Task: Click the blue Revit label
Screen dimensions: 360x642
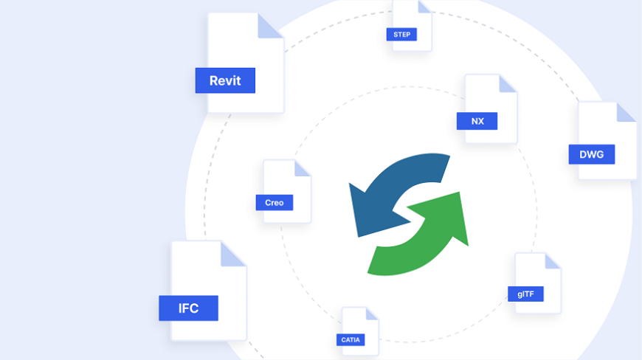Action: pyautogui.click(x=225, y=80)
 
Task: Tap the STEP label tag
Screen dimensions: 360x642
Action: pyautogui.click(x=401, y=34)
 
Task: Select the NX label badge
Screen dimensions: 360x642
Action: pyautogui.click(x=477, y=120)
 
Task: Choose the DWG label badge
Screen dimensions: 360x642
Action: pyautogui.click(x=591, y=154)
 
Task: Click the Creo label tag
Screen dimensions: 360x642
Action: pyautogui.click(x=275, y=202)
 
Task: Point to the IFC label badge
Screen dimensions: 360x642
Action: pyautogui.click(x=188, y=308)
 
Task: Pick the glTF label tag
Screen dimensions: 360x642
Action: pyautogui.click(x=525, y=294)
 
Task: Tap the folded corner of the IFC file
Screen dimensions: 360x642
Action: pyautogui.click(x=233, y=254)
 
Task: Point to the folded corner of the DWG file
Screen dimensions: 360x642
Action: pyautogui.click(x=626, y=112)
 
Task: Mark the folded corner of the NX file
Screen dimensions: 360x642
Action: pyautogui.click(x=508, y=83)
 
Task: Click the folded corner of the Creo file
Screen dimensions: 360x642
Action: pyautogui.click(x=303, y=168)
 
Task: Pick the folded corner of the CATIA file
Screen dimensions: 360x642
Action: pyautogui.click(x=370, y=314)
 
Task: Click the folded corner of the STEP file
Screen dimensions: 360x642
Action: pyautogui.click(x=424, y=6)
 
